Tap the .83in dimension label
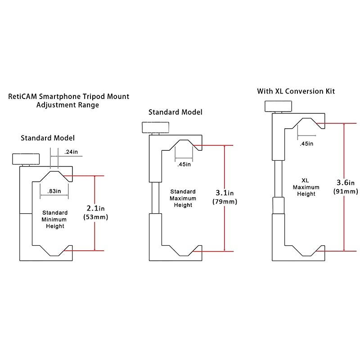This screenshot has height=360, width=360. click(54, 191)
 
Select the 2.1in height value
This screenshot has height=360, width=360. click(95, 208)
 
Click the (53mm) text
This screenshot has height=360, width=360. click(96, 217)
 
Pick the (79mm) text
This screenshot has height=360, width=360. click(225, 202)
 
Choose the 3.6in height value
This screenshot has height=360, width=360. click(346, 182)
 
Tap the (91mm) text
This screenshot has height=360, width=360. click(346, 191)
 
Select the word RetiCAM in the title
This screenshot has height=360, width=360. click(24, 96)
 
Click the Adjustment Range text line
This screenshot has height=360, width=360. click(67, 105)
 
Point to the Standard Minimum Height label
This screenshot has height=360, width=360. click(54, 219)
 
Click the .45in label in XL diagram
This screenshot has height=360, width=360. click(306, 144)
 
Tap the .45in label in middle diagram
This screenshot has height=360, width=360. click(184, 164)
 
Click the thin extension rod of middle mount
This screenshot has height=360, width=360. click(155, 198)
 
